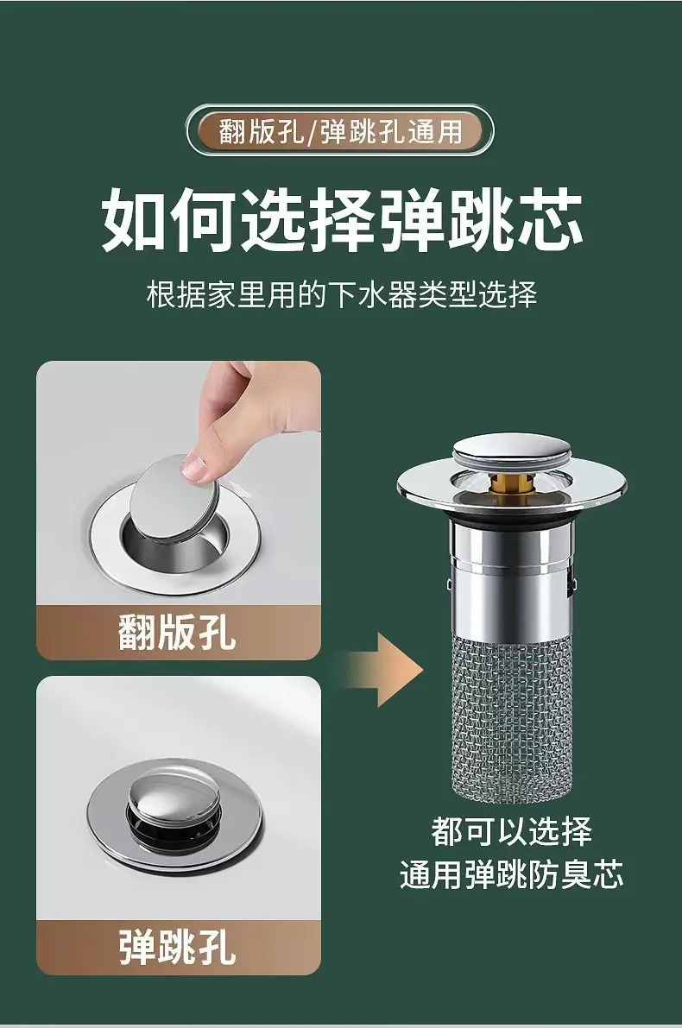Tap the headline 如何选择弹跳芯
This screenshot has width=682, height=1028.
coord(342,220)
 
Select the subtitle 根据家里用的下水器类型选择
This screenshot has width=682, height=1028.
coord(342,293)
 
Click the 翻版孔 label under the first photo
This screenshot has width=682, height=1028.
coord(177,632)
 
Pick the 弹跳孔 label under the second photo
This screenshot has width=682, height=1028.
coord(177,946)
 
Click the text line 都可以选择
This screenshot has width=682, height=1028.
coord(511,832)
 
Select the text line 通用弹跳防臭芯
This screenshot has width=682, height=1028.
coord(511,874)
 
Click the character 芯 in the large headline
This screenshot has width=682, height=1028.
coord(549,220)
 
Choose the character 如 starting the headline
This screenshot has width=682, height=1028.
coord(135,220)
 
